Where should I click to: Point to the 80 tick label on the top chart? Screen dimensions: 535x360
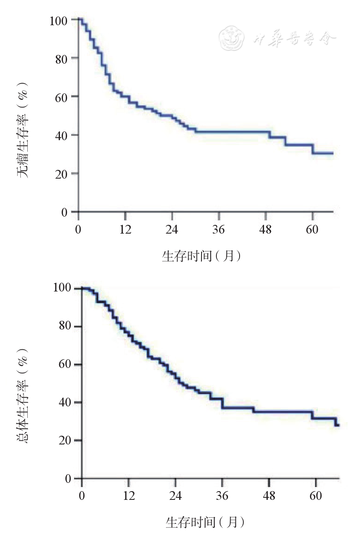click(x=62, y=58)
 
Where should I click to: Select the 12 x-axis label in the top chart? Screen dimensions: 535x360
click(x=125, y=229)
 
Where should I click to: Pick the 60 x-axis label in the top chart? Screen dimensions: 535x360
click(x=312, y=229)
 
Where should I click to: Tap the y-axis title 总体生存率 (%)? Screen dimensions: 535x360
click(x=23, y=399)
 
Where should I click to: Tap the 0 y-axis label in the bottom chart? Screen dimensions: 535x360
click(x=69, y=479)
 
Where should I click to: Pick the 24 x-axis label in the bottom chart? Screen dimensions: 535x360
click(x=175, y=496)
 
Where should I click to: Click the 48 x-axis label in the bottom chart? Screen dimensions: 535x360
click(x=269, y=496)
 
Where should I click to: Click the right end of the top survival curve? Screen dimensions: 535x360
click(x=332, y=153)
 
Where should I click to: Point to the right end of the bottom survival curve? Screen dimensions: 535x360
click(x=338, y=425)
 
